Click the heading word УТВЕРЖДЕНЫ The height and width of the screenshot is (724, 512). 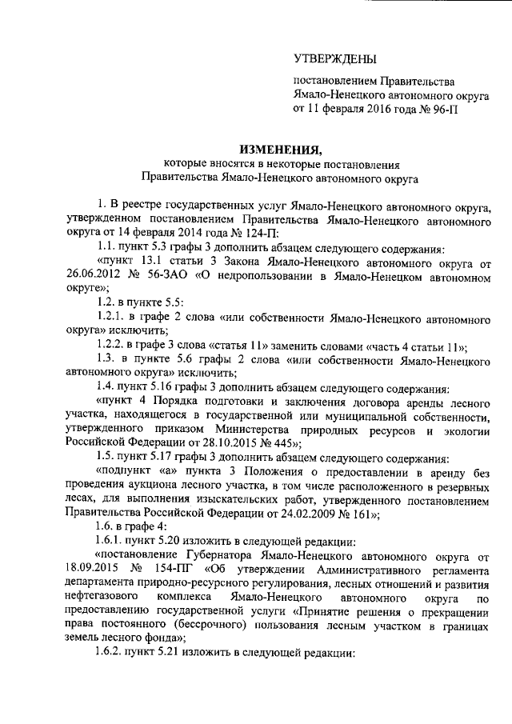[334, 58]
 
